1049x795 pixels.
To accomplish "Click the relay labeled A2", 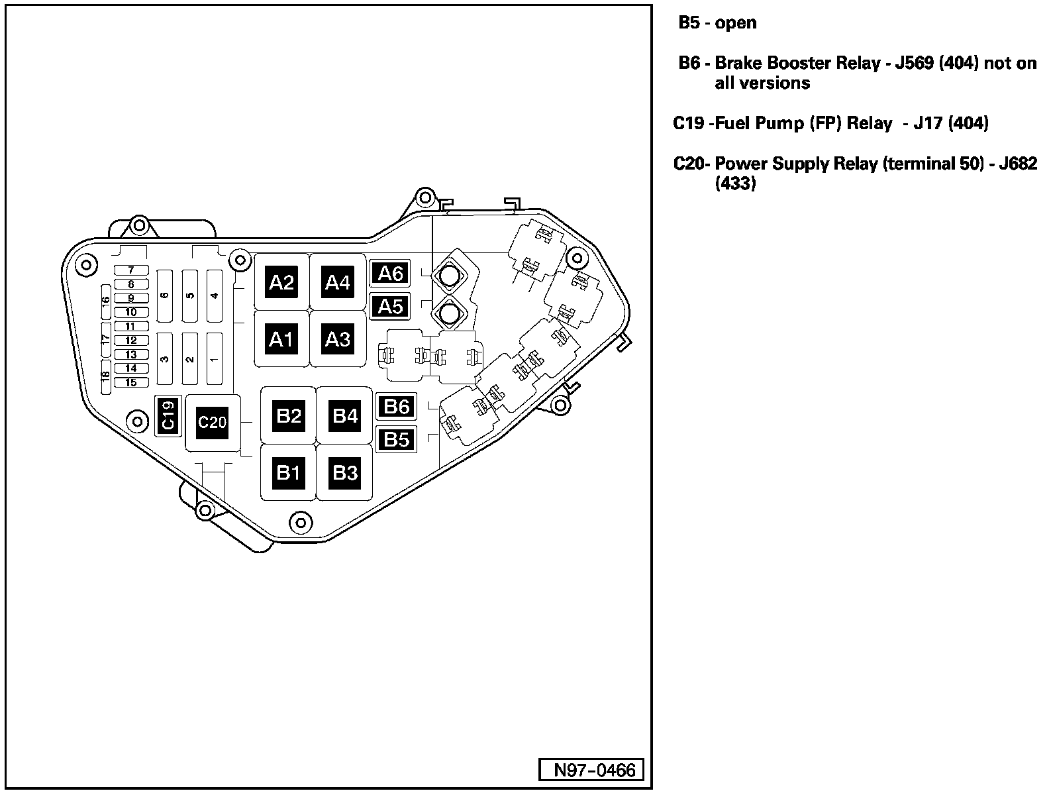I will tap(281, 283).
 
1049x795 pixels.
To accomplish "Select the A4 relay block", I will tap(337, 283).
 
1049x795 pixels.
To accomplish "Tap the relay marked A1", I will tap(281, 340).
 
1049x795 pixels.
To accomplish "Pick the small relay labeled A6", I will tap(390, 273).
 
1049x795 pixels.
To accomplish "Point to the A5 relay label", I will tap(390, 306).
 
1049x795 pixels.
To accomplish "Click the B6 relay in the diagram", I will tap(396, 406).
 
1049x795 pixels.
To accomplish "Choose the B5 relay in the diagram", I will tap(396, 439).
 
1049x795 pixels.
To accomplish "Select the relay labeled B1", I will tap(289, 472).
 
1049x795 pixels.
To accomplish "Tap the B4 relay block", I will tap(345, 416).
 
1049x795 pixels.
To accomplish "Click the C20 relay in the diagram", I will tap(213, 422).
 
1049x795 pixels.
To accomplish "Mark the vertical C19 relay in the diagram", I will tap(168, 416).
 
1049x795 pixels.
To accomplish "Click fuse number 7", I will tap(131, 270).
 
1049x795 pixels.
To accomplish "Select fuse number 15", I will tap(131, 382).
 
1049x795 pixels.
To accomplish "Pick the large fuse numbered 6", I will tap(165, 295).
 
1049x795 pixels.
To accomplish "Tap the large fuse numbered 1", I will tap(214, 359).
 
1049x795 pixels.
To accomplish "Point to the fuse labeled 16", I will tap(105, 299).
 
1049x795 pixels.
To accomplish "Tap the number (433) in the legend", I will tap(735, 184).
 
